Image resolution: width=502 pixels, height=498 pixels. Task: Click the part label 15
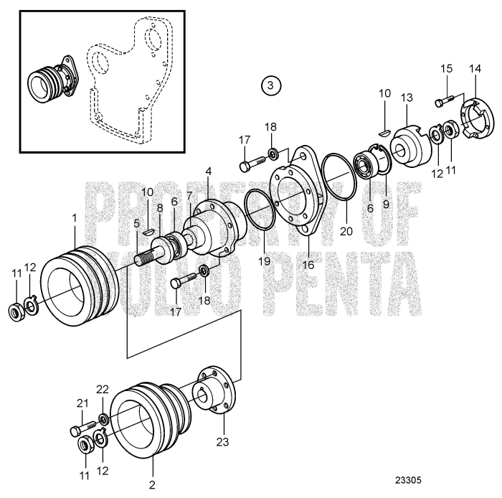446,69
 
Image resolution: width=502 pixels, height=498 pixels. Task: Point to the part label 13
407,96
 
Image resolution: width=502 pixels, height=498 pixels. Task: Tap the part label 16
309,263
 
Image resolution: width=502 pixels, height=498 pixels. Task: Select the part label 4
208,172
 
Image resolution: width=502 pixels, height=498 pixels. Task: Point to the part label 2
151,485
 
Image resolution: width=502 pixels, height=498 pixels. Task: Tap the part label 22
103,389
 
